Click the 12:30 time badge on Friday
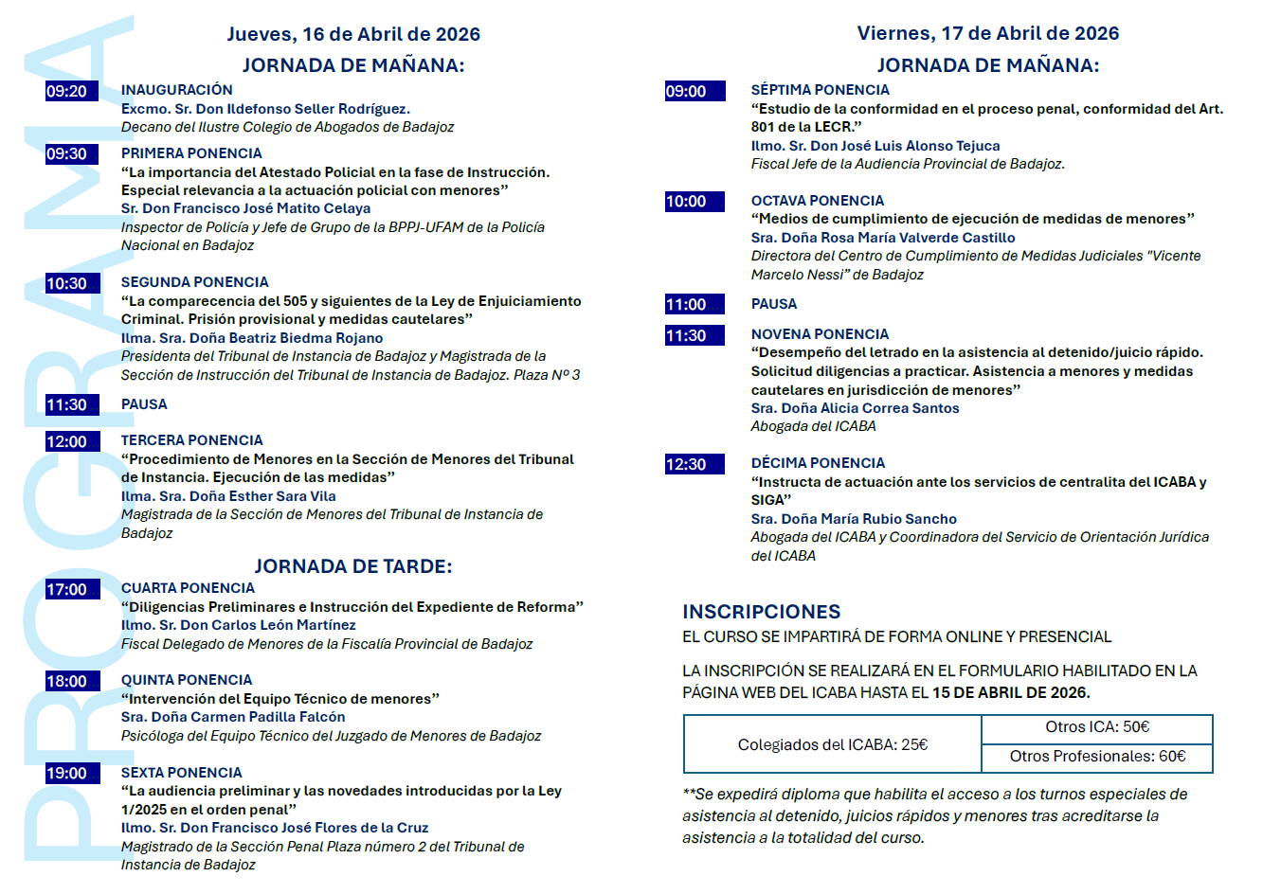[x=695, y=464]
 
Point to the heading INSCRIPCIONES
[x=761, y=612]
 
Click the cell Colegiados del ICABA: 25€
[x=832, y=744]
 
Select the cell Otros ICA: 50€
[x=1096, y=727]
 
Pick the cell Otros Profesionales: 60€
[x=1096, y=757]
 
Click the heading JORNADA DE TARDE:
[x=352, y=566]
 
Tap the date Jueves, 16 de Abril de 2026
[x=352, y=34]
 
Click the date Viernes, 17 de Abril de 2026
[x=987, y=33]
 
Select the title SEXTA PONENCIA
[x=181, y=773]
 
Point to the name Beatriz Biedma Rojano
[x=286, y=338]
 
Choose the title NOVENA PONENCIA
[x=820, y=334]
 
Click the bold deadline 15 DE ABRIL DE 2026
[x=1010, y=692]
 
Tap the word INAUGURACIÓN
[x=176, y=90]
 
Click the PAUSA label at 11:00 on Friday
[x=773, y=304]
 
